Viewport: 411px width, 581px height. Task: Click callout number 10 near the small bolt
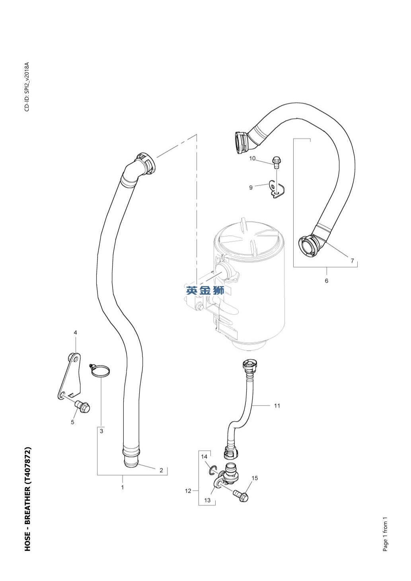pos(252,159)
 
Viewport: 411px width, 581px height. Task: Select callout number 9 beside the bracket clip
pos(251,187)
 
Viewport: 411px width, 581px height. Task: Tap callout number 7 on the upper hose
pos(352,261)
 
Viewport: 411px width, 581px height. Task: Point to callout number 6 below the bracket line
pos(327,281)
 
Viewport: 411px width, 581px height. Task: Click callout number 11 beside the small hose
pos(277,406)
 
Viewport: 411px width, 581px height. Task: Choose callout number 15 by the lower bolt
pos(255,478)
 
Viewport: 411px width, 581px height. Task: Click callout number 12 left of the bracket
pos(188,491)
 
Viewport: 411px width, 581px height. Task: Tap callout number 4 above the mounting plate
pos(75,332)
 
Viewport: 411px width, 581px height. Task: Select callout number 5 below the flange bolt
pos(72,422)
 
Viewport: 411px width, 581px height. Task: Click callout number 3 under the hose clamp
pos(101,431)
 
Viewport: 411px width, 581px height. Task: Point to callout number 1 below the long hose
pos(123,487)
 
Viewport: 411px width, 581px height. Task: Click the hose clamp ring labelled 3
pos(100,371)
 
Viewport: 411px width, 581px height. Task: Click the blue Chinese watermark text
pos(205,290)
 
